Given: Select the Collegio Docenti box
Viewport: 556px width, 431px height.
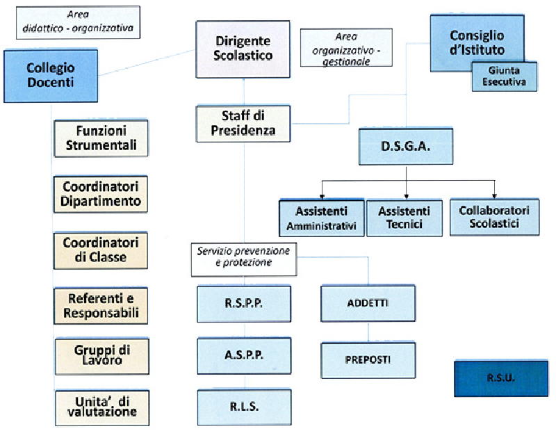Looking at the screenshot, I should [51, 75].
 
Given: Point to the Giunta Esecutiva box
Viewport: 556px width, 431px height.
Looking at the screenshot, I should [505, 76].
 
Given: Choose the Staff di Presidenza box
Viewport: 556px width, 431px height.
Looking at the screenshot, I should [243, 123].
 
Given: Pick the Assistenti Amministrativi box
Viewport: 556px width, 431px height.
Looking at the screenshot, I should [321, 218].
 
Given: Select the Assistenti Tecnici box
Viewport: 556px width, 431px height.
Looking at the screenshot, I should [404, 218].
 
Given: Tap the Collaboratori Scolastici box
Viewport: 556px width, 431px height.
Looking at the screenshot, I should [494, 217].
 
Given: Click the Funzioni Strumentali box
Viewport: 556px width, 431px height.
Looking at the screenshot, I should [101, 138].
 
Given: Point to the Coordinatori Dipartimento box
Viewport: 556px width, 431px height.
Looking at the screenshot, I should [101, 194].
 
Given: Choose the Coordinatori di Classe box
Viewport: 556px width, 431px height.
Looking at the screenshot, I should [101, 250].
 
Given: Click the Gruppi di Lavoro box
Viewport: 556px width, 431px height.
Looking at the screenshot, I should [101, 355].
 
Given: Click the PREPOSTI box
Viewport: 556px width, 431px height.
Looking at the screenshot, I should [368, 359].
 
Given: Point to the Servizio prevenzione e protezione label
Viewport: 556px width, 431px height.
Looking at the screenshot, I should [243, 258].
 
